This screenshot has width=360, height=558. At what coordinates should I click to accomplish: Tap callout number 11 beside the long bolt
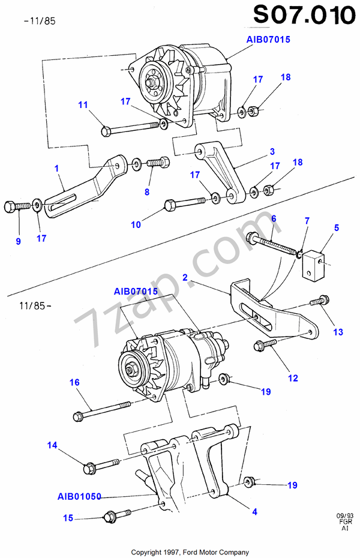click(x=83, y=104)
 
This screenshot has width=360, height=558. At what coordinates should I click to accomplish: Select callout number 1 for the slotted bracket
click(x=56, y=168)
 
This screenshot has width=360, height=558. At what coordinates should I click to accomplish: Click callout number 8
click(x=147, y=192)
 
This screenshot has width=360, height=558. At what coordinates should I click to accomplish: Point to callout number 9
click(x=19, y=241)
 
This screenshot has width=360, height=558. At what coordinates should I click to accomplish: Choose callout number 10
click(x=136, y=224)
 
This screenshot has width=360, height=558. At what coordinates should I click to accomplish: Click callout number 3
click(x=272, y=151)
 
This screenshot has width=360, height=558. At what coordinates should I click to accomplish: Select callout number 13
click(x=338, y=332)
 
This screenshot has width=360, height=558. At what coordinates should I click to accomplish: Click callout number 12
click(x=293, y=378)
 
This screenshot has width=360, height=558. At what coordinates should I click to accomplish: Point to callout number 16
click(x=74, y=382)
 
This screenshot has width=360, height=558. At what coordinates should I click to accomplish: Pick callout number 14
click(x=52, y=445)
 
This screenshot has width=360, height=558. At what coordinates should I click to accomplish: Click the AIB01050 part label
click(x=79, y=496)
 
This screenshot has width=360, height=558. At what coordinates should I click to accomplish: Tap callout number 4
click(x=255, y=512)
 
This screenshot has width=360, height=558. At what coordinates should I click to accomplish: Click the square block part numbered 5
click(x=313, y=263)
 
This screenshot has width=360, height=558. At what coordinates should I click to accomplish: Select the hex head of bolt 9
click(x=10, y=207)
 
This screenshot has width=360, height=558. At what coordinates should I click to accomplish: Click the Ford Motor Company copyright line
click(x=190, y=553)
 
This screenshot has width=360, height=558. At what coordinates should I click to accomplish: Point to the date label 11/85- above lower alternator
click(x=35, y=305)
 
